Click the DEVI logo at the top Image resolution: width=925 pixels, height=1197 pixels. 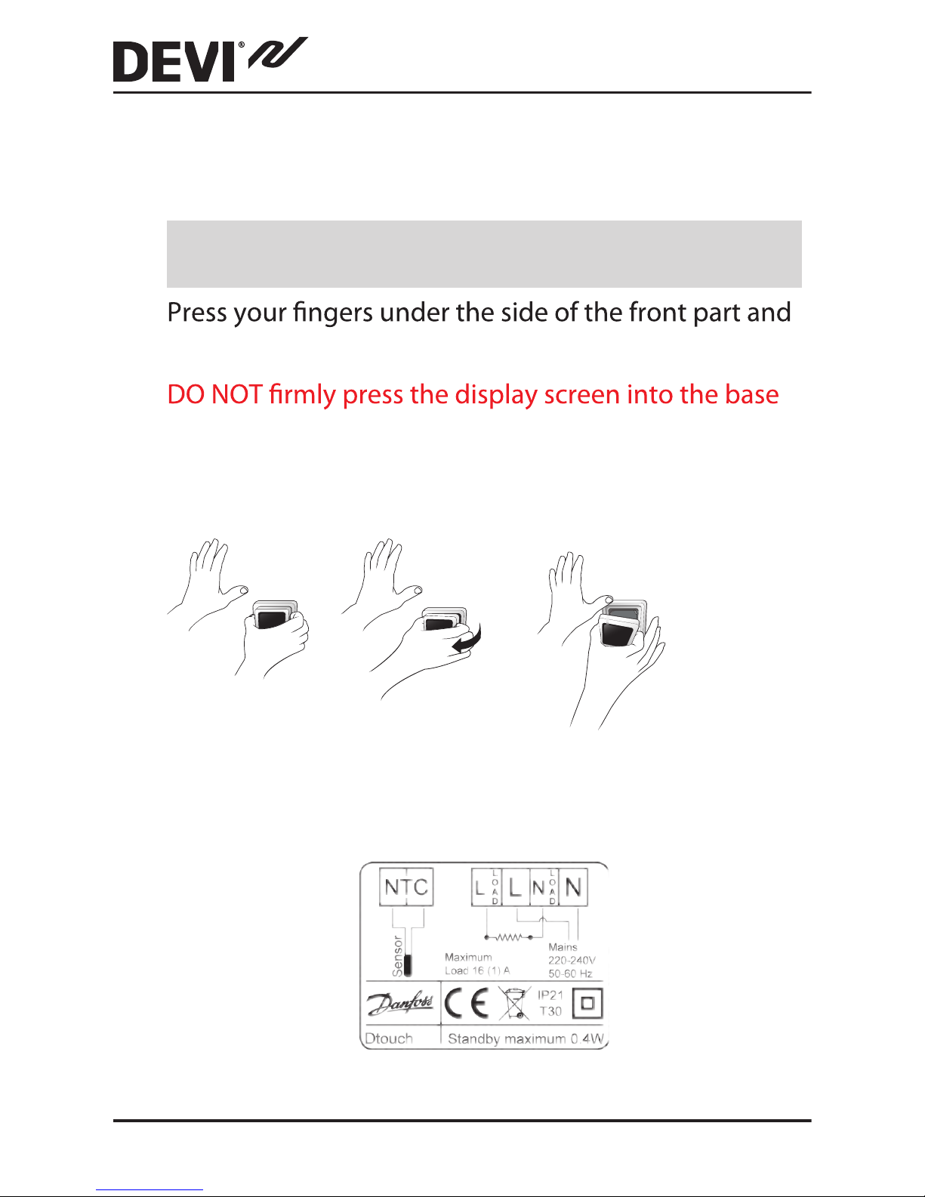(x=211, y=60)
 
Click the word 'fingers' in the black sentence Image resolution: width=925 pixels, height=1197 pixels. (x=334, y=313)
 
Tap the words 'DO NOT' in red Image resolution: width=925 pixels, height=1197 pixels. (x=214, y=394)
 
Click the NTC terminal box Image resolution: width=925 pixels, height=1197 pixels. (x=406, y=887)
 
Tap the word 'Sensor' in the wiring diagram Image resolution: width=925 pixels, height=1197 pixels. (x=397, y=956)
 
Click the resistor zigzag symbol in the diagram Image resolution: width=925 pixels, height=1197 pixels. (x=509, y=937)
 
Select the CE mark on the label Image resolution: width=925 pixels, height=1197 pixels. (x=467, y=1003)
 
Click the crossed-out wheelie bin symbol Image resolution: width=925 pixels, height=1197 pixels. (x=513, y=1003)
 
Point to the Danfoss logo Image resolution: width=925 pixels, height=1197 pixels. (x=401, y=1003)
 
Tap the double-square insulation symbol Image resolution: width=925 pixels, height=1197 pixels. (x=587, y=1003)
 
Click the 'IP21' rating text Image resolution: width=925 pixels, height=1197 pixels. (x=550, y=995)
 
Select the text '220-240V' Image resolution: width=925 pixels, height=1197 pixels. (x=572, y=960)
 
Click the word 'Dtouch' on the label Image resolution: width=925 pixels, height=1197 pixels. (x=389, y=1038)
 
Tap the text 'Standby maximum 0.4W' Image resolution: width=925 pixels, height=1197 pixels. (x=526, y=1039)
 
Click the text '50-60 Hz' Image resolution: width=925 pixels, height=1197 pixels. (x=570, y=973)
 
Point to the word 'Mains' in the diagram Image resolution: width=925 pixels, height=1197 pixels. (x=563, y=947)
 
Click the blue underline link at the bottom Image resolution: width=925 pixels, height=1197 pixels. (x=150, y=1190)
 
